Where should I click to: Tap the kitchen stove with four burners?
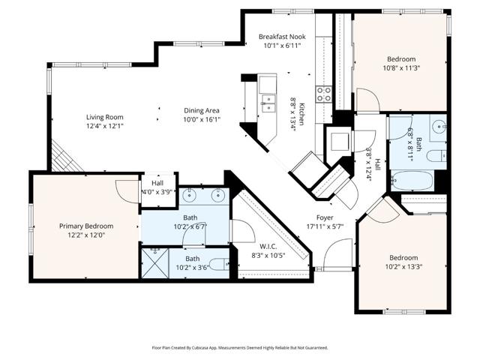tap(324, 94)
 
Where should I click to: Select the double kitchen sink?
tap(268, 102)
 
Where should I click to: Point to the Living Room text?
tap(104, 117)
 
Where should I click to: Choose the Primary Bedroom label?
tap(86, 226)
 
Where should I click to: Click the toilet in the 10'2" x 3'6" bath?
tap(218, 264)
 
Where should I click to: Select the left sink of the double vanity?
tap(190, 197)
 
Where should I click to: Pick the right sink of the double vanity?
tap(219, 197)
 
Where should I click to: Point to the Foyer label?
tap(324, 217)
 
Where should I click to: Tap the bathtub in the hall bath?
tap(412, 180)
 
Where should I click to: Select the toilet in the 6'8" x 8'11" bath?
tap(441, 156)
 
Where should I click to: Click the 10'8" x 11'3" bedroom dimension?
tap(401, 67)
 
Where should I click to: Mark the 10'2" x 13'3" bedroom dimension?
tap(404, 265)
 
